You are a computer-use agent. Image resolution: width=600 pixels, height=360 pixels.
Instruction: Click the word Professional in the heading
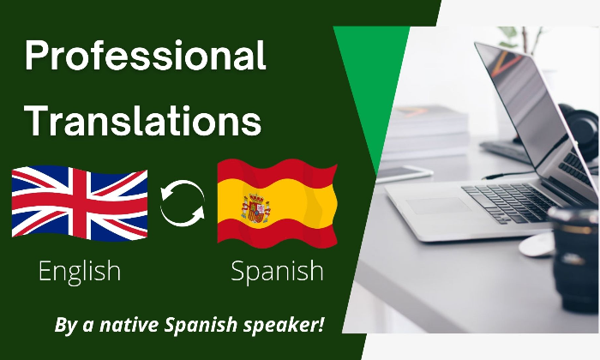pyautogui.click(x=145, y=56)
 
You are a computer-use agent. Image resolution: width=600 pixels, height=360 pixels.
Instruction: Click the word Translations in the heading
pyautogui.click(x=143, y=120)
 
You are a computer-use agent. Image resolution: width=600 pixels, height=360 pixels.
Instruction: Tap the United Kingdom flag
pyautogui.click(x=80, y=203)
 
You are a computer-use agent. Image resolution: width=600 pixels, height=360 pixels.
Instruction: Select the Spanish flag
pyautogui.click(x=277, y=203)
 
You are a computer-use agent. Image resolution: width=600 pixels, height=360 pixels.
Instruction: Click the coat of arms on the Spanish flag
pyautogui.click(x=255, y=208)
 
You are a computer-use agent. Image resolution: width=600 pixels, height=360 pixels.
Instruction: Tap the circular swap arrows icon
pyautogui.click(x=182, y=203)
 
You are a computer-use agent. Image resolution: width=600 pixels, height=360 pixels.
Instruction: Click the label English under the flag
pyautogui.click(x=80, y=272)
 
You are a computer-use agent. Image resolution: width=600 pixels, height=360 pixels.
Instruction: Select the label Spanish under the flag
pyautogui.click(x=277, y=272)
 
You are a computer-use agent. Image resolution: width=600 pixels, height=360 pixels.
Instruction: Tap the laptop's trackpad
pyautogui.click(x=439, y=206)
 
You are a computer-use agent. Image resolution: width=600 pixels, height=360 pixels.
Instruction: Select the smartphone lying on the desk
pyautogui.click(x=405, y=173)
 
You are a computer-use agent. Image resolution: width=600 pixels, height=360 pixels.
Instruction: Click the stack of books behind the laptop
pyautogui.click(x=426, y=132)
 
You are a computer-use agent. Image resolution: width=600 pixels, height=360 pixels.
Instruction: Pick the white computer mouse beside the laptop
pyautogui.click(x=537, y=245)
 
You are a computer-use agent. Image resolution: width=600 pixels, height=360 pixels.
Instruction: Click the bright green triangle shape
pyautogui.click(x=373, y=76)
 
